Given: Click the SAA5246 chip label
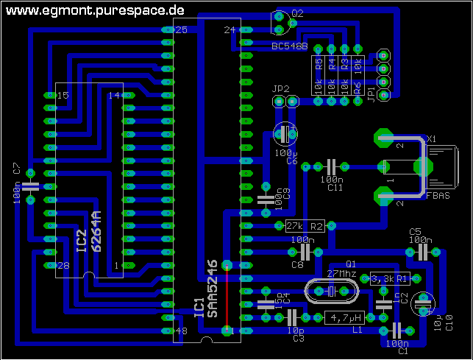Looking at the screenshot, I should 213,289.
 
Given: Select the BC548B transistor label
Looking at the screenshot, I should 289,46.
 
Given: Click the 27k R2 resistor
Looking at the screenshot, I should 305,226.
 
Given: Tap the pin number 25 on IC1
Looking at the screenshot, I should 181,29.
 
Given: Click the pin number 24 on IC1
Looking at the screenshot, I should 228,30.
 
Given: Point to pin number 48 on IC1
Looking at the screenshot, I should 181,332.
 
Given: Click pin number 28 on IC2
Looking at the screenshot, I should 63,265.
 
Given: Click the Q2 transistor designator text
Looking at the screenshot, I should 296,13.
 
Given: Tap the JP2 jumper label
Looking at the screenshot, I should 280,88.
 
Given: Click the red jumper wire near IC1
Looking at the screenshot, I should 227,298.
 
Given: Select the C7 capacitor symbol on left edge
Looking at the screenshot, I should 30,184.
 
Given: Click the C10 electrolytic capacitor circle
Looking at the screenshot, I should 423,303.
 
